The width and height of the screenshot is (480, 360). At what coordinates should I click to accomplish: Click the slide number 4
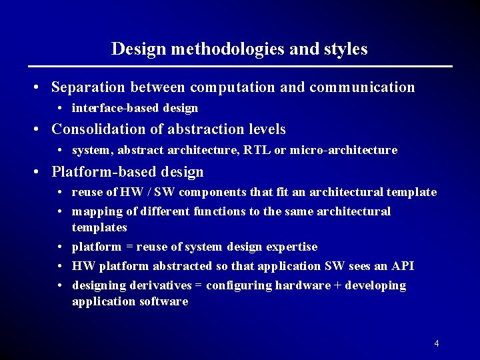(x=436, y=343)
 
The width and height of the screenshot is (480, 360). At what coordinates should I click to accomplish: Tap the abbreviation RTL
(x=257, y=150)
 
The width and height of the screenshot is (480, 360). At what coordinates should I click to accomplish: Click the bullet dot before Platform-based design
(x=39, y=172)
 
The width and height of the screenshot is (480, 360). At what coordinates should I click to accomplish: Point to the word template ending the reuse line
(x=413, y=192)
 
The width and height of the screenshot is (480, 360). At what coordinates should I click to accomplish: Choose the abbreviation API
(x=403, y=266)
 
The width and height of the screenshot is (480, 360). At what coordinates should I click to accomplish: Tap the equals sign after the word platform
(x=129, y=247)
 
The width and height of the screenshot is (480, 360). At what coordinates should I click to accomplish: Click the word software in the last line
(x=164, y=301)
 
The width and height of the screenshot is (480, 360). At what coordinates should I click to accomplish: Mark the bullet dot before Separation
(x=39, y=88)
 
